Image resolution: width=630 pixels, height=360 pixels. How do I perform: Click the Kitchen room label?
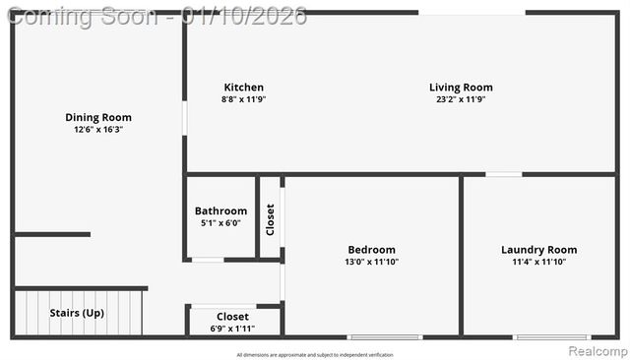(243, 88)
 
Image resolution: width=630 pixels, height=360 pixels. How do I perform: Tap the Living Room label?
(461, 88)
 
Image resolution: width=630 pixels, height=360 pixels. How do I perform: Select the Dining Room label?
(98, 118)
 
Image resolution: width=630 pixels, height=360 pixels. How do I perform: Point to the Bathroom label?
(220, 210)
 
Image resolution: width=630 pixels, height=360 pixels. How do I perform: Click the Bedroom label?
(371, 250)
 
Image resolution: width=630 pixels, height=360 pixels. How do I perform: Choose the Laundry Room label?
(538, 250)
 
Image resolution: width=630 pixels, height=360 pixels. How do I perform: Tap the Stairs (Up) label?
(77, 313)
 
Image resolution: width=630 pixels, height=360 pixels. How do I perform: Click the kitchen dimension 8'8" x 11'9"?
(243, 99)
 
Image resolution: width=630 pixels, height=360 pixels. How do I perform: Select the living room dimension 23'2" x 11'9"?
(461, 99)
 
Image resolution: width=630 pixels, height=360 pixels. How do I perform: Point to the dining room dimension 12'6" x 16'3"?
(98, 130)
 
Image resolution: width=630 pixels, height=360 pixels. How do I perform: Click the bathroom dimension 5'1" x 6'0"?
(220, 223)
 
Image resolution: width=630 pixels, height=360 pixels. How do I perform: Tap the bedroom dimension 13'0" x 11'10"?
(371, 262)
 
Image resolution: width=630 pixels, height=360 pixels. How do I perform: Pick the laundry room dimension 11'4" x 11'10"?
(538, 262)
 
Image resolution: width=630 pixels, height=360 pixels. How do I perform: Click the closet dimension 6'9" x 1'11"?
(232, 329)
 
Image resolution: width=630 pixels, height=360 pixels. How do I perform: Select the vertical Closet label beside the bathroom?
(271, 219)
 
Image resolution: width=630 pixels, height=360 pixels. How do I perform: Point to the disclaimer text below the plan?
(315, 354)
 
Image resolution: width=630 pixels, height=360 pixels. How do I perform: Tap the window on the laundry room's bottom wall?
(552, 337)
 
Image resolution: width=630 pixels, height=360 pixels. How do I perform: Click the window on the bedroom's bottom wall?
(385, 337)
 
